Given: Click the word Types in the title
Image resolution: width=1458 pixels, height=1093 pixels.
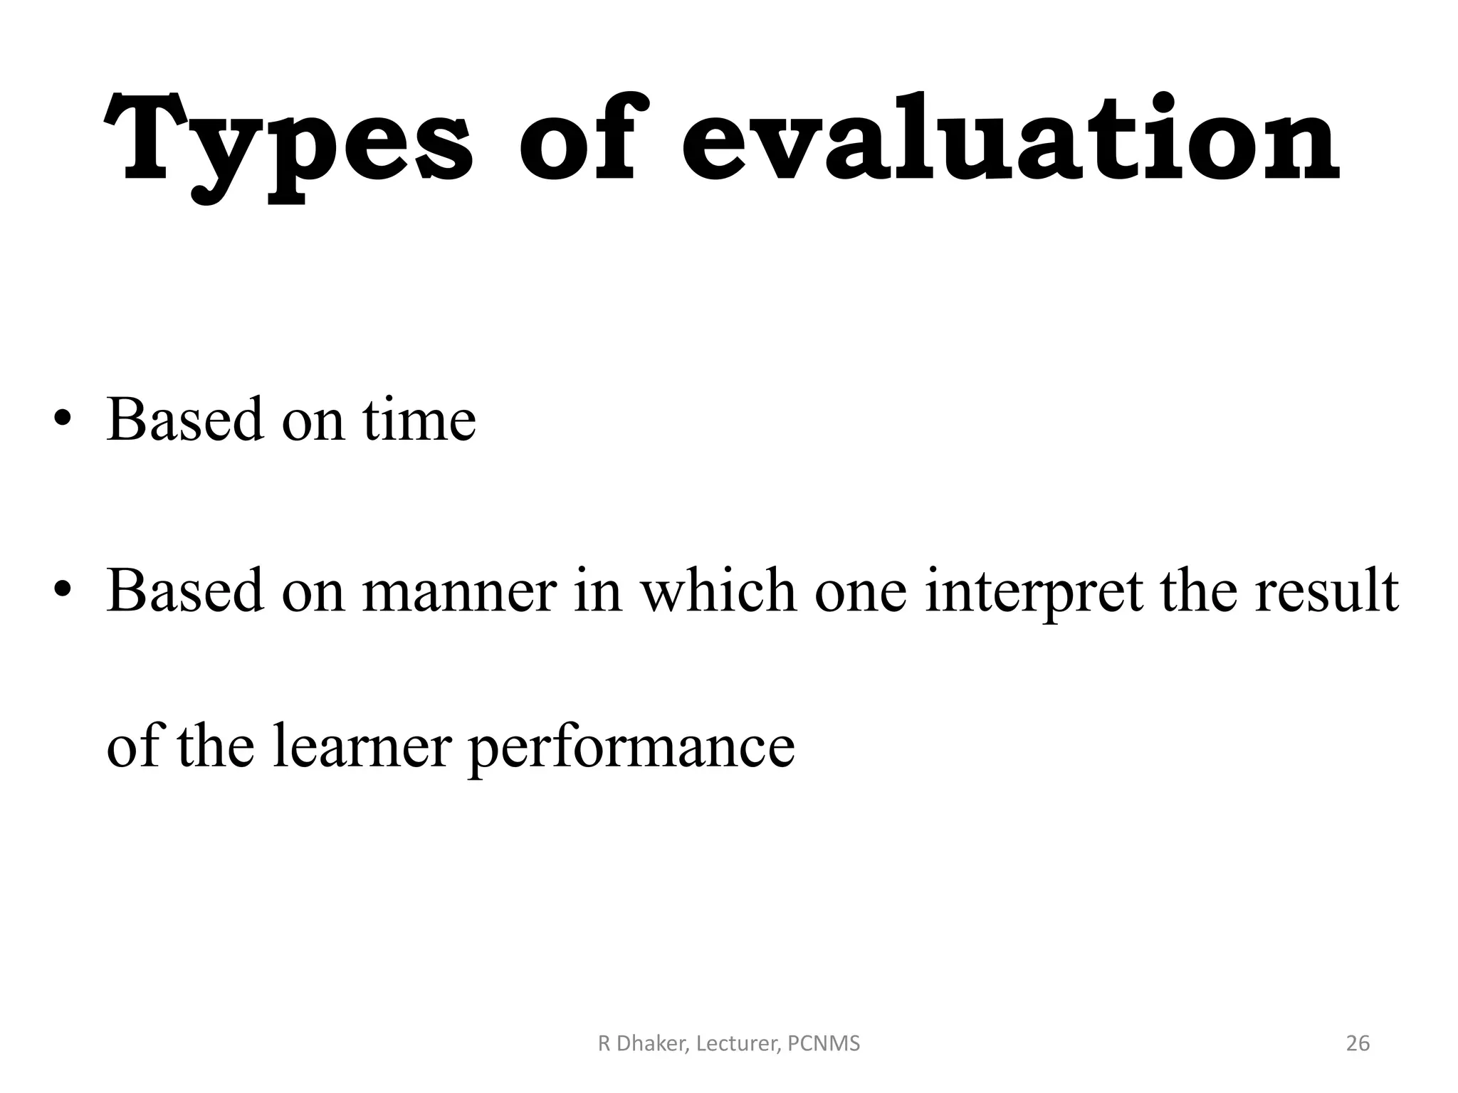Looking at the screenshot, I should [x=288, y=142].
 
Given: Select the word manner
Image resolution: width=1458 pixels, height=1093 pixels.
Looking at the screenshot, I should [x=458, y=591].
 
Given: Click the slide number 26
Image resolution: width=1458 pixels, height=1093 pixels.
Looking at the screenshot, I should [x=1358, y=1043].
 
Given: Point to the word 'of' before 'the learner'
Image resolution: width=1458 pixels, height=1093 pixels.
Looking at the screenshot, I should [x=132, y=747].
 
